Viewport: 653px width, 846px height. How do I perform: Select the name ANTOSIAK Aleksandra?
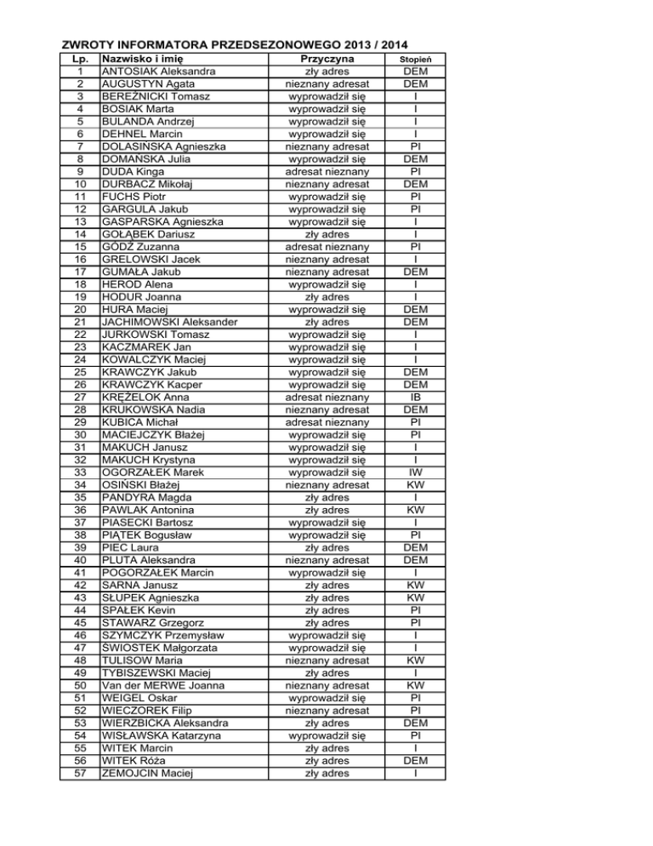pos(157,72)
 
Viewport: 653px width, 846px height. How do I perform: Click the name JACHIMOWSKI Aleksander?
pos(168,323)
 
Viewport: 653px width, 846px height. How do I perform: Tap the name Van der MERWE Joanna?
pos(162,685)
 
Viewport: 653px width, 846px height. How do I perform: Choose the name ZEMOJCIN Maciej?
pos(144,773)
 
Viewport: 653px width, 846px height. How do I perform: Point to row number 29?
pos(79,422)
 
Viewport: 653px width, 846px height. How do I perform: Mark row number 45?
pos(79,622)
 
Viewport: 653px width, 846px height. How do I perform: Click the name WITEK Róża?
pos(133,760)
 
